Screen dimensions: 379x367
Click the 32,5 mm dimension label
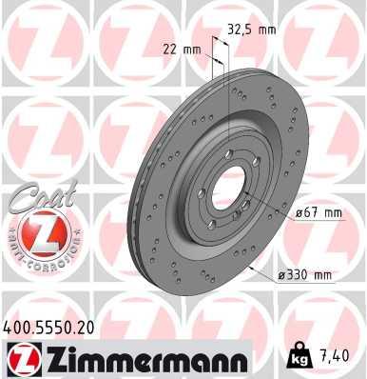tap(251, 30)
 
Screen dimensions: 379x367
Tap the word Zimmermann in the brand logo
tap(139, 359)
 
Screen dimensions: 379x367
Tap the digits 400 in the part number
tap(18, 328)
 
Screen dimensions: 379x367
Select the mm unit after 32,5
tap(265, 30)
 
